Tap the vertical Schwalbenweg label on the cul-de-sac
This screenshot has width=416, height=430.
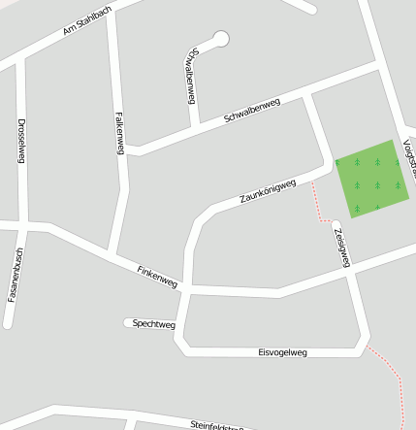pyautogui.click(x=190, y=75)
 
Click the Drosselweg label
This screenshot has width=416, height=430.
pyautogui.click(x=21, y=141)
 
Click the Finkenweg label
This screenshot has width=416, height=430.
pyautogui.click(x=157, y=276)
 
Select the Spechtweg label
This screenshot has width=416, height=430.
pyautogui.click(x=153, y=323)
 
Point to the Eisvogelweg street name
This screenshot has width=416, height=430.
pyautogui.click(x=282, y=352)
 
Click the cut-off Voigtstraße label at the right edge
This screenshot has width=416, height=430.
pyautogui.click(x=410, y=155)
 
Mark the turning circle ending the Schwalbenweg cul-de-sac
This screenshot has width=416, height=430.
pyautogui.click(x=221, y=39)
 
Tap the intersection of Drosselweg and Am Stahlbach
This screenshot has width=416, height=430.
pyautogui.click(x=19, y=60)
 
